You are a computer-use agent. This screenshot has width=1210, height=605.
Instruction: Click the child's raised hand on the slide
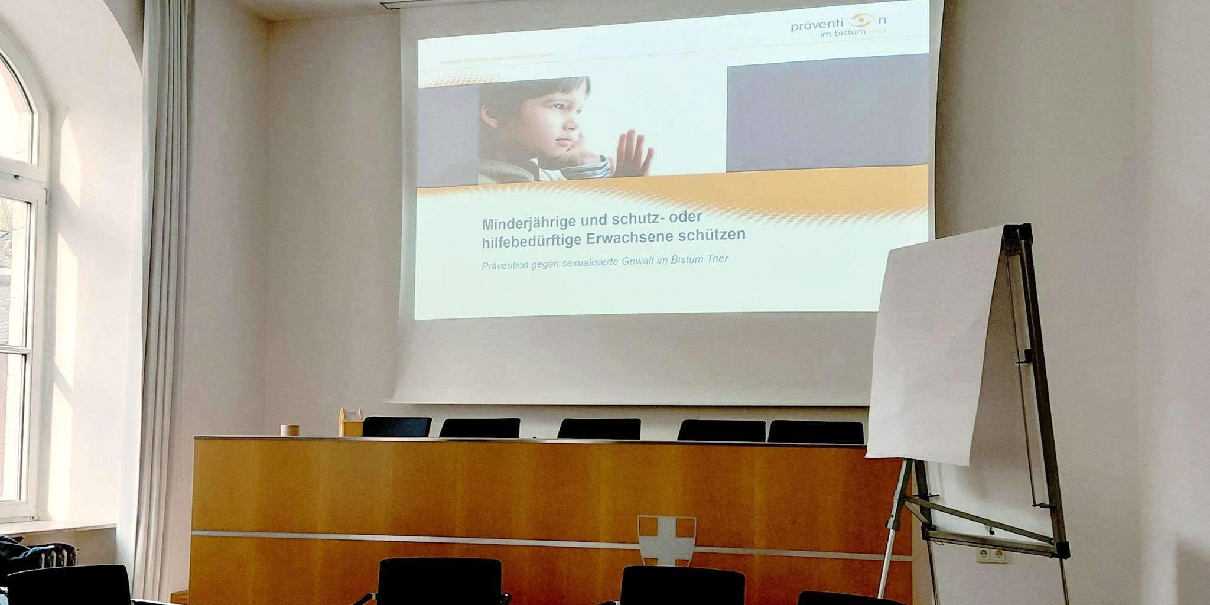(x=633, y=152)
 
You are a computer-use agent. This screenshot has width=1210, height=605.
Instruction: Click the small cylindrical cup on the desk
(x=289, y=430)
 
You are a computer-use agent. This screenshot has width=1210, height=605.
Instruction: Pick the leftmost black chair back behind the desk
(x=397, y=427)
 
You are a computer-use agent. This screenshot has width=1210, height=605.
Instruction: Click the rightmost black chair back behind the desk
(x=815, y=431)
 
